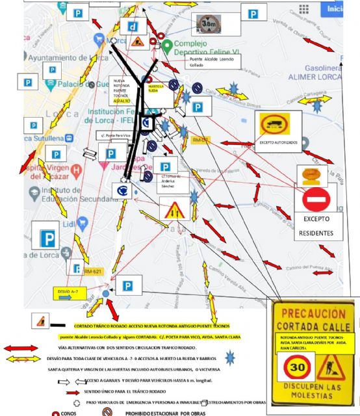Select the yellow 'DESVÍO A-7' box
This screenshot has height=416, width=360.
pyautogui.click(x=69, y=291)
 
